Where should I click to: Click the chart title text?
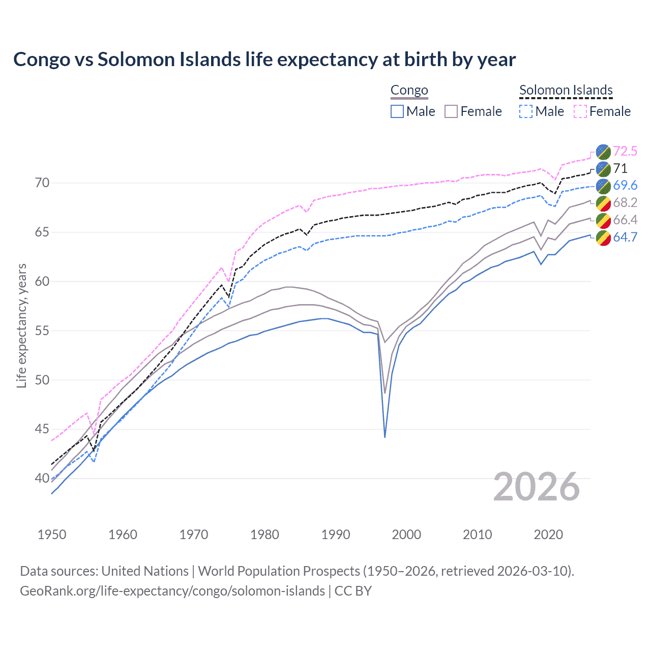pyautogui.click(x=264, y=60)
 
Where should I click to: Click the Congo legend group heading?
pyautogui.click(x=409, y=91)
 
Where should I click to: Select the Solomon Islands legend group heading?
pyautogui.click(x=566, y=91)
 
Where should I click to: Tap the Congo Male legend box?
pyautogui.click(x=397, y=111)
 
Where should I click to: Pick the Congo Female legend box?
pyautogui.click(x=451, y=111)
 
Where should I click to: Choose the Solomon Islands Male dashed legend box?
pyautogui.click(x=526, y=111)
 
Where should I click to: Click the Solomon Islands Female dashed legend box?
pyautogui.click(x=580, y=111)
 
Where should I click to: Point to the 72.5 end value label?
pyautogui.click(x=625, y=151)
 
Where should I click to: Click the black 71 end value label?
pyautogui.click(x=620, y=168)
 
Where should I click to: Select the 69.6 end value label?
pyautogui.click(x=625, y=186)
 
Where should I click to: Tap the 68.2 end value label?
pyautogui.click(x=625, y=202)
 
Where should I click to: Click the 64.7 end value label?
pyautogui.click(x=625, y=237)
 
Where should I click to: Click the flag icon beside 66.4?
pyautogui.click(x=603, y=220)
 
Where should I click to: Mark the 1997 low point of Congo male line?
pyautogui.click(x=385, y=437)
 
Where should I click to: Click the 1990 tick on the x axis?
pyautogui.click(x=336, y=535)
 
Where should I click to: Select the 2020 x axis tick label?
pyautogui.click(x=548, y=535)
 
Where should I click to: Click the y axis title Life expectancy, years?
pyautogui.click(x=22, y=325)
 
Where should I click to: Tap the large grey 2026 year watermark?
pyautogui.click(x=537, y=487)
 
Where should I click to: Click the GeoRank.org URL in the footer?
pyautogui.click(x=172, y=591)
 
